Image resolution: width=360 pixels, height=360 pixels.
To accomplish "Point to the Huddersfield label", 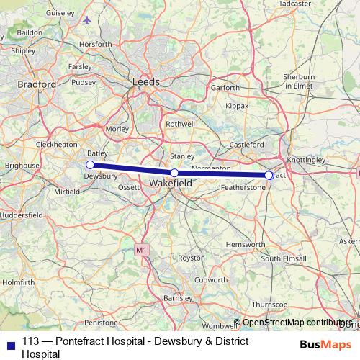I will pyautogui.click(x=22, y=215).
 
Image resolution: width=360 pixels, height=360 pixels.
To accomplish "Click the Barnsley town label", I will pyautogui.click(x=178, y=297).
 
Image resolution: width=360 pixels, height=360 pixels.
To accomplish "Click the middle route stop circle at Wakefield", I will pyautogui.click(x=174, y=173).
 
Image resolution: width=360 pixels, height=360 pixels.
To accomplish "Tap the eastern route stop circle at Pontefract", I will pyautogui.click(x=269, y=175).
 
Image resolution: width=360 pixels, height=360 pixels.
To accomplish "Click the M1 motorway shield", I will pyautogui.click(x=142, y=250).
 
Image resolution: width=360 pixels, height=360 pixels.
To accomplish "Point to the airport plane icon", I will pyautogui.click(x=88, y=19).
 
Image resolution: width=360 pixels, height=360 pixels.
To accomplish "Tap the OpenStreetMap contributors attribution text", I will pyautogui.click(x=297, y=323).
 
